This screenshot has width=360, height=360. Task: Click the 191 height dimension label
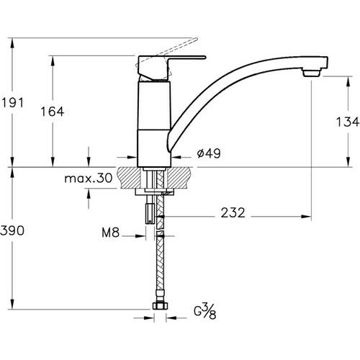[12, 103]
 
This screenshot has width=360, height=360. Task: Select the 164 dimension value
[53, 112]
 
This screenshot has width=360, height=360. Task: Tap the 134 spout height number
[347, 122]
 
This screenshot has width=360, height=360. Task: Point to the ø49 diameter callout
[209, 153]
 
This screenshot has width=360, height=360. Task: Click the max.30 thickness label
[89, 179]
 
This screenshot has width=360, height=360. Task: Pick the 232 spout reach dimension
[233, 212]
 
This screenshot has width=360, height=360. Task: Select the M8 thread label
[110, 233]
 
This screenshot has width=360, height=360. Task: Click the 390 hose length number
[12, 230]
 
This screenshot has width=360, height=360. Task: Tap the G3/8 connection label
[205, 311]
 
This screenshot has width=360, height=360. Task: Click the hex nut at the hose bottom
[161, 306]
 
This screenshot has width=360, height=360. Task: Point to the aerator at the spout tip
[312, 72]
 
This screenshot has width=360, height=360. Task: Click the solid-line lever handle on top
[171, 68]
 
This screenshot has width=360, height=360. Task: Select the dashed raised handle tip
[194, 40]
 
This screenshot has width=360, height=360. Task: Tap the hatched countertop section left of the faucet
[129, 178]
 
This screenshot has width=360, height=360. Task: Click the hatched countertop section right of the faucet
[181, 178]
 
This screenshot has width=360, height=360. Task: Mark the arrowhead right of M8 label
[140, 236]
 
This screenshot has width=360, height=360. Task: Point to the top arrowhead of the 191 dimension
[12, 43]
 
